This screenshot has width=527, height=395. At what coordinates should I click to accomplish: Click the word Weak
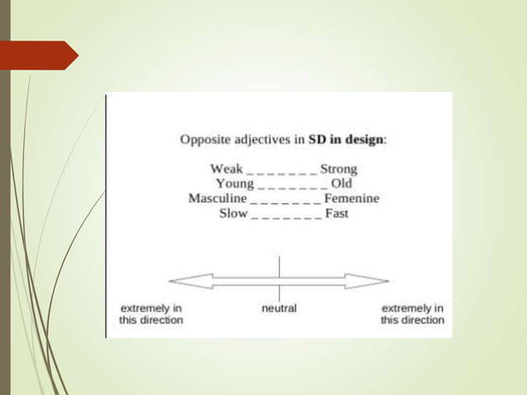[x=226, y=169]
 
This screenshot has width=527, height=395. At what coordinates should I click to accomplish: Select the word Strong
[x=339, y=169]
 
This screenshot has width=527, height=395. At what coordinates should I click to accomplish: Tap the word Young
[x=235, y=183]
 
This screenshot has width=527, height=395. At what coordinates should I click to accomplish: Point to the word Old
[x=341, y=183]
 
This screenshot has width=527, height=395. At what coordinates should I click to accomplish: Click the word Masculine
[x=217, y=198]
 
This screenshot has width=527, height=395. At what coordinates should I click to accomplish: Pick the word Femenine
[x=352, y=198]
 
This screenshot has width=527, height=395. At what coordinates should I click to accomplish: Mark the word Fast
[x=336, y=213]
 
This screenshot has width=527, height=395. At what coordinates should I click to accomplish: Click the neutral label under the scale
[x=278, y=308]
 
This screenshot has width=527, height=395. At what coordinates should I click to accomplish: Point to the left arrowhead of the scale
[x=179, y=280]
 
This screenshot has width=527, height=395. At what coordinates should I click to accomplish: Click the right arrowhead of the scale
[x=377, y=280]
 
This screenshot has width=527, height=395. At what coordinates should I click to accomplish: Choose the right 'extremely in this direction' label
[x=411, y=314]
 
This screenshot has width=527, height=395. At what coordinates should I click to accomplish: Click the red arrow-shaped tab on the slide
[x=41, y=55]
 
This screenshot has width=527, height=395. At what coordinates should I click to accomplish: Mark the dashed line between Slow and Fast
[x=286, y=215]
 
